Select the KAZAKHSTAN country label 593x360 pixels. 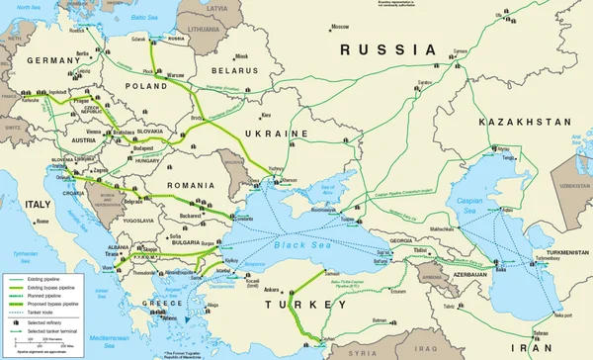(527, 121)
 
